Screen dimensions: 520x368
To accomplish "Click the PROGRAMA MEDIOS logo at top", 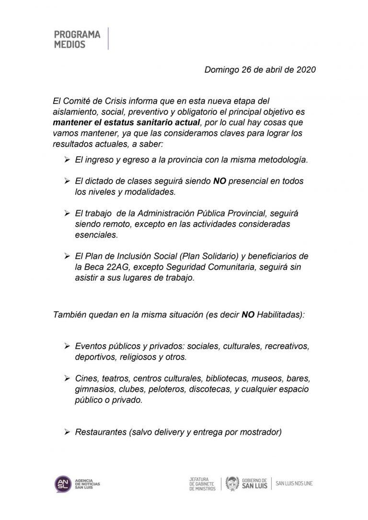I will pyautogui.click(x=77, y=39).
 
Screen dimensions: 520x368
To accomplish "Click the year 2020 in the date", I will pyautogui.click(x=306, y=69).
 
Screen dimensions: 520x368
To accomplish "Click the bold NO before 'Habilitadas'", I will pyautogui.click(x=248, y=315).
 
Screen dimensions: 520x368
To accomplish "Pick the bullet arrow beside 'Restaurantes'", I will pyautogui.click(x=68, y=432).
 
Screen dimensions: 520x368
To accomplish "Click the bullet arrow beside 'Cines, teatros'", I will pyautogui.click(x=68, y=379).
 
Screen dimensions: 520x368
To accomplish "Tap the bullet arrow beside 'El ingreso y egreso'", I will pyautogui.click(x=68, y=160).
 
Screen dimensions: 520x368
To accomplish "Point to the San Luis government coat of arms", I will pyautogui.click(x=232, y=484).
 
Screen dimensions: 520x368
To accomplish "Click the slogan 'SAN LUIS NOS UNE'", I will pyautogui.click(x=294, y=484).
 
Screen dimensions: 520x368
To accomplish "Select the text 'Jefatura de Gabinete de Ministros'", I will pyautogui.click(x=203, y=484).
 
